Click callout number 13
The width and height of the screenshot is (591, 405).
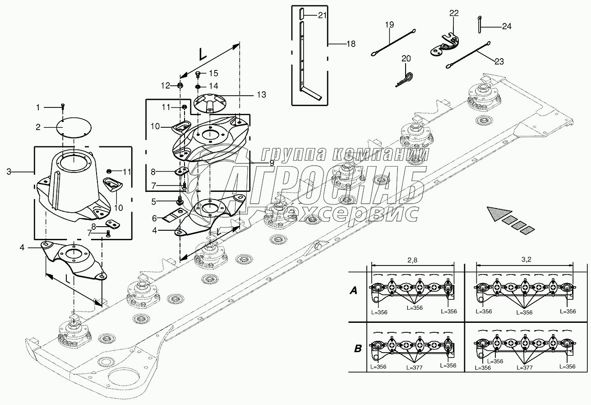click(x=262, y=94)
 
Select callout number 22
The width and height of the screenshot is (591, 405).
click(x=454, y=13)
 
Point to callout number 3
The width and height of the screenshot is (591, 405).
click(x=9, y=172)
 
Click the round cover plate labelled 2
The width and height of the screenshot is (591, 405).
click(x=74, y=127)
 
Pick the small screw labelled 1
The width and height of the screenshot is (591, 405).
click(x=63, y=107)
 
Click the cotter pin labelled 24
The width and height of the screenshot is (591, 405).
click(x=479, y=24)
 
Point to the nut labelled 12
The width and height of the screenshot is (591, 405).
click(x=180, y=85)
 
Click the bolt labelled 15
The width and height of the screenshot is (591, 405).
click(x=198, y=74)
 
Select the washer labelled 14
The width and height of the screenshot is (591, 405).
click(x=198, y=87)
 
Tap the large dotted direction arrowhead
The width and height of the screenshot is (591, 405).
click(x=499, y=214)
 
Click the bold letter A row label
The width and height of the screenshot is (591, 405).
click(x=353, y=291)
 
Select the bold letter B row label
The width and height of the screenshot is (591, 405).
click(x=357, y=349)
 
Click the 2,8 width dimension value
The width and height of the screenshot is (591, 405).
click(x=412, y=260)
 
